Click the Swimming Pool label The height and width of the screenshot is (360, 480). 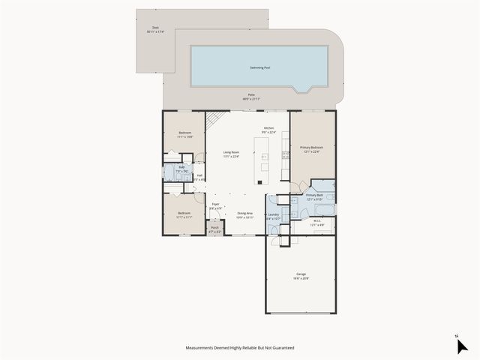260,67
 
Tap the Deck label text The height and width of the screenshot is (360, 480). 154,29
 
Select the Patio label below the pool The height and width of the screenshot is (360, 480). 251,97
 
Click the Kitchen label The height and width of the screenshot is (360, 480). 268,130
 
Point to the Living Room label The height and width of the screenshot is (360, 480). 231,154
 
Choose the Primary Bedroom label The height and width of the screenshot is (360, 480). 311,149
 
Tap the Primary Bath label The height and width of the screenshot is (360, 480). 314,197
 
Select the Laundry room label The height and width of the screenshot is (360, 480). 273,217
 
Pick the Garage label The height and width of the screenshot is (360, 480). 301,276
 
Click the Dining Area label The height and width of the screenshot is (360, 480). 244,214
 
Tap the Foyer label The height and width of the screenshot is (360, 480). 215,205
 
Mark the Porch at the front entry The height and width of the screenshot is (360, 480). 214,230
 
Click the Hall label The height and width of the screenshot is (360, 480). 199,178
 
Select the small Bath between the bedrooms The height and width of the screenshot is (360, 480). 181,169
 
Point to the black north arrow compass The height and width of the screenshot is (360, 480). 461,345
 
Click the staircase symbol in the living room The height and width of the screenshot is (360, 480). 216,119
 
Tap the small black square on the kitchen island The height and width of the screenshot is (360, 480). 259,181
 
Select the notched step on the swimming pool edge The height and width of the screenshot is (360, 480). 303,89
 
